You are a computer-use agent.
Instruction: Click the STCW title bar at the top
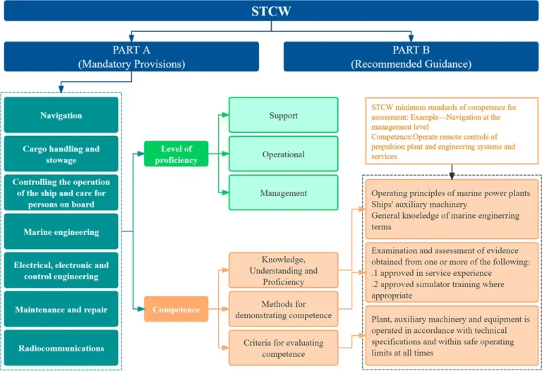pos(271,11)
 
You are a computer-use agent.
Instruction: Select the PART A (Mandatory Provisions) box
pos(131,56)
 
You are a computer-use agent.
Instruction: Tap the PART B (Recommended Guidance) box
pos(411,56)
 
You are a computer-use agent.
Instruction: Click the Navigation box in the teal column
pos(61,115)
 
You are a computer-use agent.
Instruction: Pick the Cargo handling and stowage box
pos(61,154)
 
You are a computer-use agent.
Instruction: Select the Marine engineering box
pos(61,231)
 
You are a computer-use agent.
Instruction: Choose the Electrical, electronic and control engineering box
pos(61,270)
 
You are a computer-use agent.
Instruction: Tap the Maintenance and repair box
pos(61,309)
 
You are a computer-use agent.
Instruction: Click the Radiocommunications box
pos(61,348)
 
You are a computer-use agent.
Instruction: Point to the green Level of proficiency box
pos(176,154)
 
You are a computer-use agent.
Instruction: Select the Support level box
pos(284,115)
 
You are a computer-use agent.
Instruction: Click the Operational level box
pos(284,154)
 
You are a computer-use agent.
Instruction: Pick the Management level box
pos(284,193)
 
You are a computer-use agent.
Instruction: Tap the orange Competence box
pos(176,309)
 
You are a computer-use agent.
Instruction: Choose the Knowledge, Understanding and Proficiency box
pos(284,270)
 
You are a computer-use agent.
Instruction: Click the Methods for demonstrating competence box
pos(284,309)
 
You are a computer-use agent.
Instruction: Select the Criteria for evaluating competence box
pos(284,348)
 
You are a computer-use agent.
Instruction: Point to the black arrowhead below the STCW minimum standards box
pos(452,176)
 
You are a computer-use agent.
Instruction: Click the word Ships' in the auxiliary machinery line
pos(382,205)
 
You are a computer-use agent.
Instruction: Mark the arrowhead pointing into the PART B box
pos(411,37)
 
